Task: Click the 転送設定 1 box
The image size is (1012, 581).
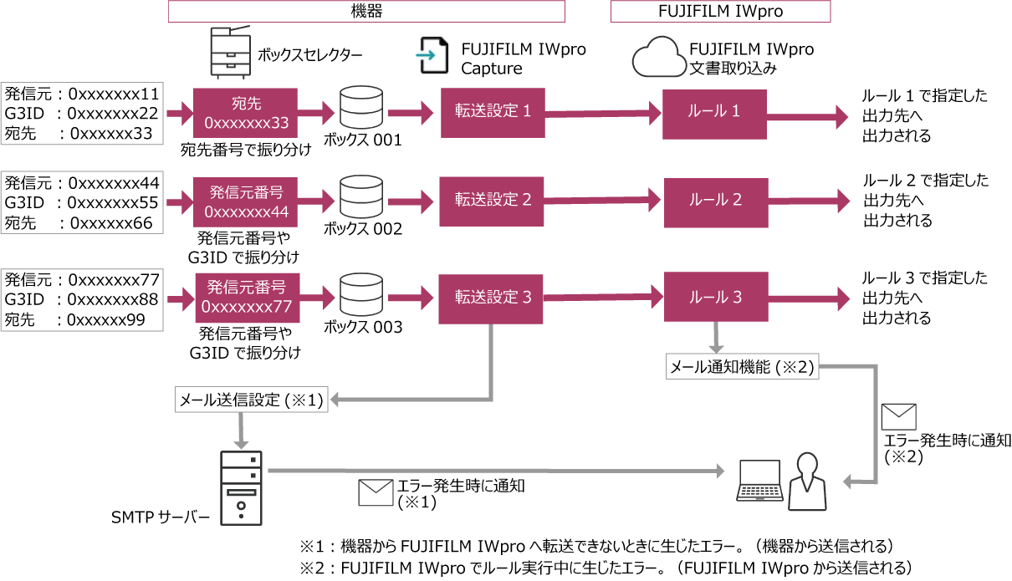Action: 493,111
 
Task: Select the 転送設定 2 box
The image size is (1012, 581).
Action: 493,200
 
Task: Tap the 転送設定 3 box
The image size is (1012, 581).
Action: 493,297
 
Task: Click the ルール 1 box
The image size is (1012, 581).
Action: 714,111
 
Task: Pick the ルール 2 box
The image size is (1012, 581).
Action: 714,200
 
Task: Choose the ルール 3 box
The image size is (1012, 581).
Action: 714,297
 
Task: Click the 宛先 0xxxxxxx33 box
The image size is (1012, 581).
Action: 246,113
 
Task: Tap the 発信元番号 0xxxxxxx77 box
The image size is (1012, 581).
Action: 248,297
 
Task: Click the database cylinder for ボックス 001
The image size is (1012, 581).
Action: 362,108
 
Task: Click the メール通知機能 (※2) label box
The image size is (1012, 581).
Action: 741,366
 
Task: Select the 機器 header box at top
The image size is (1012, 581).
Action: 366,11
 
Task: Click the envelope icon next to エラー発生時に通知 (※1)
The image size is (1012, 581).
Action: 376,493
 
